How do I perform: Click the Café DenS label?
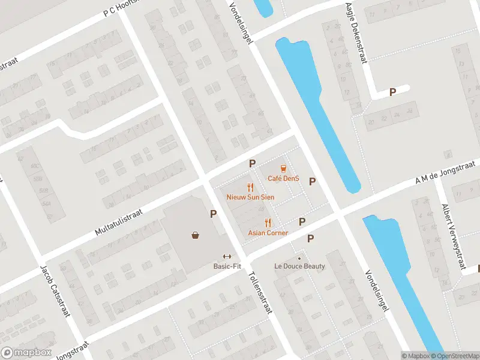coord(283,178)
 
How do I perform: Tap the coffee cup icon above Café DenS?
coord(283,169)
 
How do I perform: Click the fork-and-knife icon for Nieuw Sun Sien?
coord(251,187)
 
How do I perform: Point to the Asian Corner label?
coord(268,233)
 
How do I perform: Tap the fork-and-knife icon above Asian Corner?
coord(268,223)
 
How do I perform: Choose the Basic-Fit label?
coord(227,266)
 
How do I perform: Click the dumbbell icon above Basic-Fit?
coord(227,256)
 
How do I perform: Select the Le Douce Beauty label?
coord(300,266)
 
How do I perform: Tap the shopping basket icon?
coord(196,235)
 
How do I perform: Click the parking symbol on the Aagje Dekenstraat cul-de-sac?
coord(393,92)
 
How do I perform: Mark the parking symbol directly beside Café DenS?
coord(312,181)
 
